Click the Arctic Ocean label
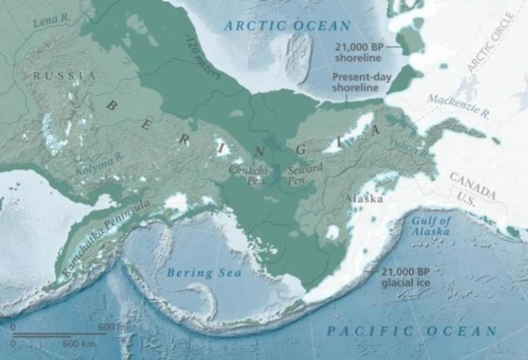(x=288, y=26)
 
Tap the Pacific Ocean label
(x=412, y=331)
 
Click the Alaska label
(x=364, y=200)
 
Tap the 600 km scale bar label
(x=75, y=343)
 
